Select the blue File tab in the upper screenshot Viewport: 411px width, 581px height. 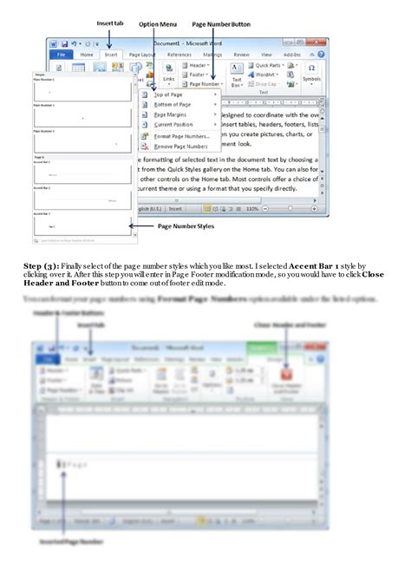pos(60,55)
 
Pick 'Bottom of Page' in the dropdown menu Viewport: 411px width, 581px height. pos(173,104)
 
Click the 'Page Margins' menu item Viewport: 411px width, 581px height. pos(171,114)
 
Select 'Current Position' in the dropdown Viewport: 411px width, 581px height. pos(173,125)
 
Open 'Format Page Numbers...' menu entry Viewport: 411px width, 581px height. pos(181,136)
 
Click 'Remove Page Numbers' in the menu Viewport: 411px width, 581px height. pos(181,147)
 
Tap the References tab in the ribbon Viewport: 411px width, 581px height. pos(179,55)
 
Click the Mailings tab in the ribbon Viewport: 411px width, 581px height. pos(212,55)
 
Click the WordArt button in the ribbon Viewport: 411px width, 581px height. pos(264,75)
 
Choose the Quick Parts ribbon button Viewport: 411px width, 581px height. pos(268,65)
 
